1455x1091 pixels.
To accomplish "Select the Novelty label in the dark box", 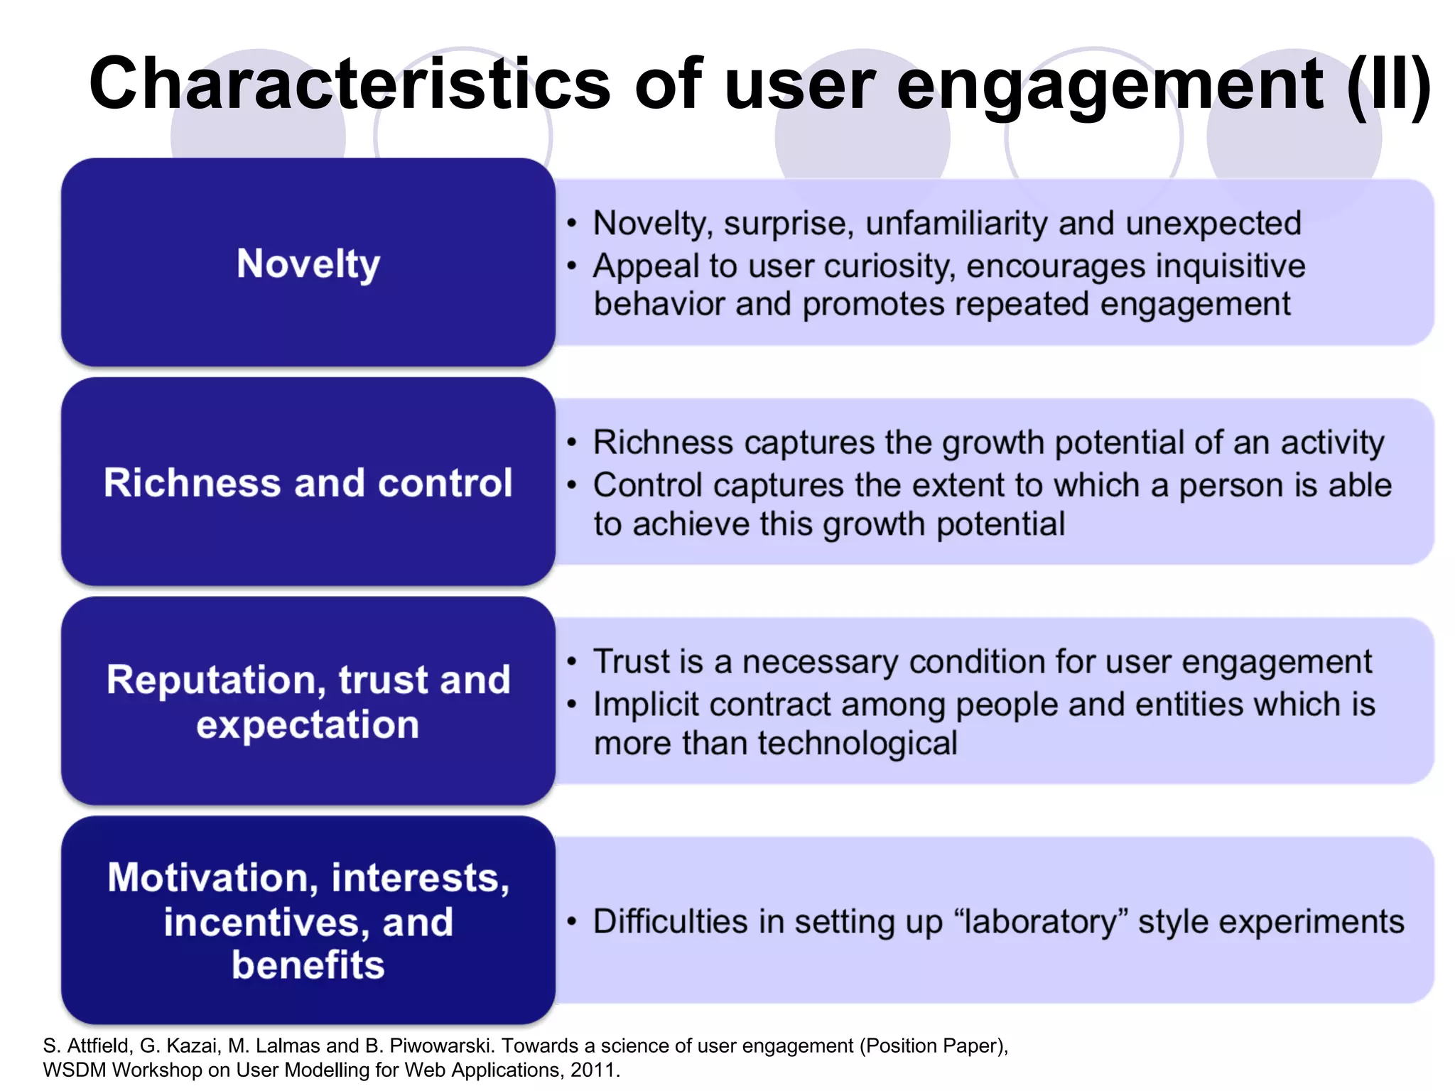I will click(x=308, y=264).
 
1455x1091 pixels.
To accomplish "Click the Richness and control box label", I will click(x=308, y=483).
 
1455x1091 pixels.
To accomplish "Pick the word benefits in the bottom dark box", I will click(x=308, y=965).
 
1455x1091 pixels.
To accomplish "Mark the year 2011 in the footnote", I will click(x=593, y=1070).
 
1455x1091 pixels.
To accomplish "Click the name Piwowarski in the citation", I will click(x=440, y=1046).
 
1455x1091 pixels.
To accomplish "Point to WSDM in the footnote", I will click(x=74, y=1070).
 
